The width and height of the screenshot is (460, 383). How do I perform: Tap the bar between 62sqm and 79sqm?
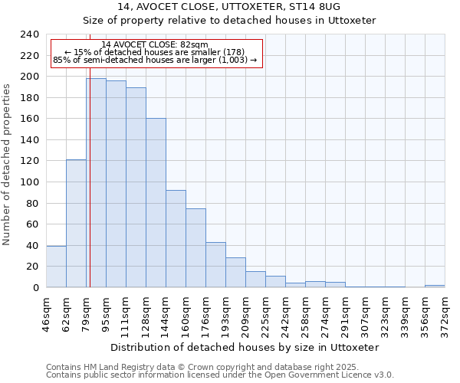pos(76,223)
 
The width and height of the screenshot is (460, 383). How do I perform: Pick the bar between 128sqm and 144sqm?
pos(156,203)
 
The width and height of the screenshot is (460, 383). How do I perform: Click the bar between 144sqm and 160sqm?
pos(176,238)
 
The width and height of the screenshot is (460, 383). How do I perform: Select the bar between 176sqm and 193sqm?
pos(215,264)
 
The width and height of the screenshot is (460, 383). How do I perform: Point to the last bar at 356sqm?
pos(435,286)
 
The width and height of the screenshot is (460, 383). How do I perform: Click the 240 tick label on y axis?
pos(29,34)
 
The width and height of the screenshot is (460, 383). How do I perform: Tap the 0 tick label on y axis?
pos(35,288)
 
